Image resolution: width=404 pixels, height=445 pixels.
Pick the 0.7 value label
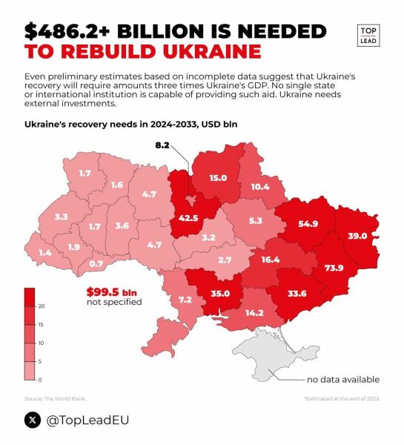(x=96, y=263)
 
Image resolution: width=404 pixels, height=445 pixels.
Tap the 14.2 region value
(x=254, y=312)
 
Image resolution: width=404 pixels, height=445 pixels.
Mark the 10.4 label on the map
(x=260, y=187)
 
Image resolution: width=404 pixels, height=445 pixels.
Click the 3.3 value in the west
(x=62, y=217)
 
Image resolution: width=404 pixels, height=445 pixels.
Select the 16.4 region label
(x=271, y=260)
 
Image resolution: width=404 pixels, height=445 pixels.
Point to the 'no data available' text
(x=342, y=380)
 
